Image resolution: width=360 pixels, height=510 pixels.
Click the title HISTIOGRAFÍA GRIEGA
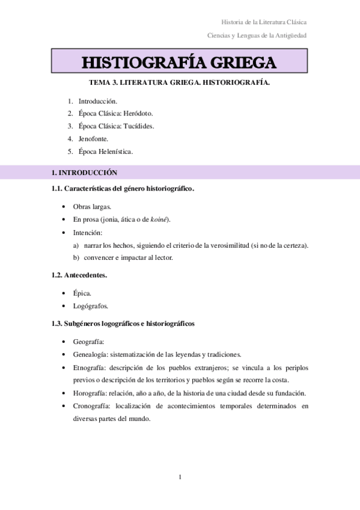179,63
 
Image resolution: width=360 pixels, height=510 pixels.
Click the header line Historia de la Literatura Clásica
264,22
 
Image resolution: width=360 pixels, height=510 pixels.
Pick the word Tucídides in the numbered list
139,126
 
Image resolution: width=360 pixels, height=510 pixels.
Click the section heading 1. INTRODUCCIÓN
84,173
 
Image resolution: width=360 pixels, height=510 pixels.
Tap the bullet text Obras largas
92,206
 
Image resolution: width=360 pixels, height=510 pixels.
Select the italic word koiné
159,219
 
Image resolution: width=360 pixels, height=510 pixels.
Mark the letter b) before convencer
76,257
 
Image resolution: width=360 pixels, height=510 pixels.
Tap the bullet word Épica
82,293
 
